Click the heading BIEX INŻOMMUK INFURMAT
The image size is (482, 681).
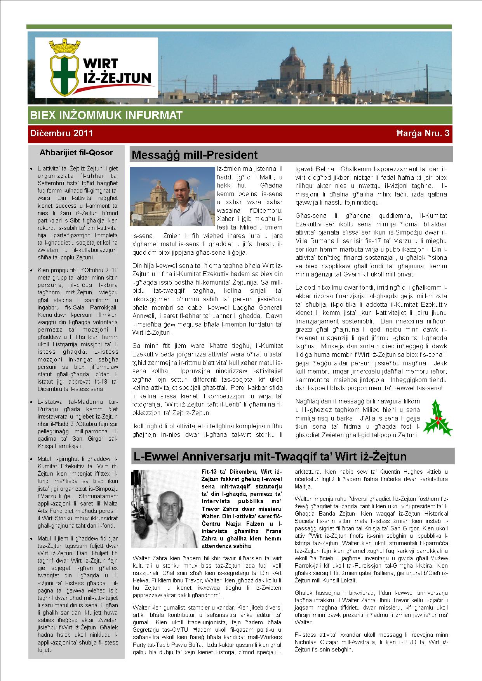coord(106,115)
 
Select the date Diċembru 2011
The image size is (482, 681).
coord(61,133)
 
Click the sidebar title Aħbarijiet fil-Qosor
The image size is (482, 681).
coord(76,153)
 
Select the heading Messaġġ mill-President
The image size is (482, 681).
coord(195,155)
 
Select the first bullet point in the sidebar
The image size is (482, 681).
coord(31,169)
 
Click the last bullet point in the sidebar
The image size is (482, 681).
coord(31,539)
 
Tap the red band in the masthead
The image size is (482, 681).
coord(239,134)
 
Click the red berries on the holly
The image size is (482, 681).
coord(438,419)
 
